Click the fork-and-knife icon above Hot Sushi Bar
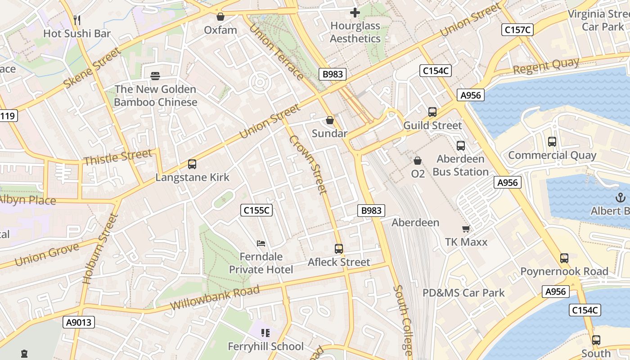point(77,20)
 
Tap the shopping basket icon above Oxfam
point(220,17)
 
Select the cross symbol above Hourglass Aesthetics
point(355,13)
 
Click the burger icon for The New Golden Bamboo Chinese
point(155,76)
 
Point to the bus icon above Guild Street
point(432,112)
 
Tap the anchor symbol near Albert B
point(621,197)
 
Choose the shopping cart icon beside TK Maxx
point(466,229)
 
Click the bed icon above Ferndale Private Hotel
point(261,243)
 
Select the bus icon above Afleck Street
point(339,248)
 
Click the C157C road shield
point(517,30)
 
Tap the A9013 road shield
point(78,322)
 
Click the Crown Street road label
point(308,165)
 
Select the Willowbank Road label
point(215,297)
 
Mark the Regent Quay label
point(546,66)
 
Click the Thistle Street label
point(118,157)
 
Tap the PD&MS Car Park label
point(463,293)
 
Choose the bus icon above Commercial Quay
point(552,141)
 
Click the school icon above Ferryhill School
point(265,333)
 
